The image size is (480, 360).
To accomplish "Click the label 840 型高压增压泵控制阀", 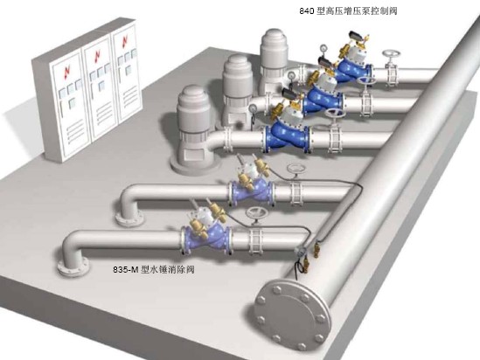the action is coord(348,11).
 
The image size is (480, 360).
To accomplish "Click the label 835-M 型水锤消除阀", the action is coord(154,269).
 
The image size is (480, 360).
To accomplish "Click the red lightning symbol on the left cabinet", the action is coord(67,73).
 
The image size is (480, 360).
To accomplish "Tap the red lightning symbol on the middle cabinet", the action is coord(97,56).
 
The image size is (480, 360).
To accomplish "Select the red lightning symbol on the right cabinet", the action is coord(125,41).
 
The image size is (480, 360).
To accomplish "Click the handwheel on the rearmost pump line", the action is coord(391,55).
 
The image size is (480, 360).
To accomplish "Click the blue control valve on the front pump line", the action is coord(286,135).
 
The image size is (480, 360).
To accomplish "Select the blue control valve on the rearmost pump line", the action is coord(352,71).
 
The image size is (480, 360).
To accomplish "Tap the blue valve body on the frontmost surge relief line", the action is coord(205,237).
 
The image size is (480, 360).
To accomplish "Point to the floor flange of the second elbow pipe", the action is coord(129,218).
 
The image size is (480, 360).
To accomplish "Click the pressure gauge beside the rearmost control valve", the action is coord(323,49).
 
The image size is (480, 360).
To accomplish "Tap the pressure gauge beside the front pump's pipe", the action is coord(253,108).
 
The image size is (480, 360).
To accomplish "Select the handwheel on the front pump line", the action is coord(335,113).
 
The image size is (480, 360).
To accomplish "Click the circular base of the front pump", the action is coord(195,166).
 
